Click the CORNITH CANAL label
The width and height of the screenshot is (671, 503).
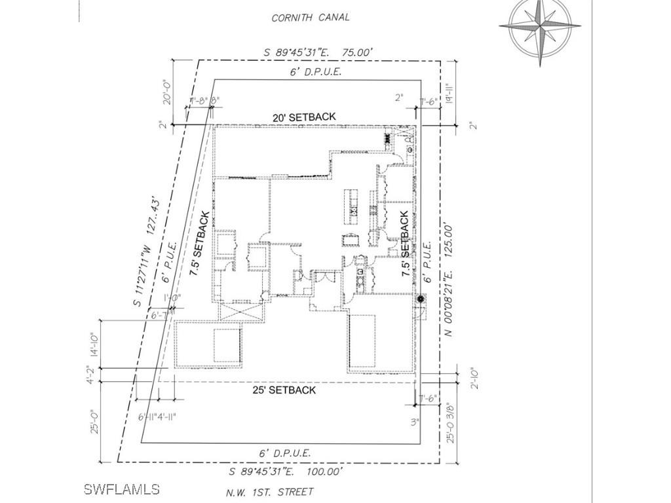[311, 18]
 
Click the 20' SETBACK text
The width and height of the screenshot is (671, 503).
[304, 117]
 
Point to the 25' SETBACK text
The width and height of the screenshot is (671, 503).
[284, 390]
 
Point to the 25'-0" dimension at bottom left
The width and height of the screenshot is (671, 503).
[95, 421]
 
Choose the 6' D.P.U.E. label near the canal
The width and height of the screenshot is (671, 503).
[316, 72]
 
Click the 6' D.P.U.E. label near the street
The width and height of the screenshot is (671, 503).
[284, 453]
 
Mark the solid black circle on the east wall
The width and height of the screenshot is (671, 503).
[420, 299]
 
